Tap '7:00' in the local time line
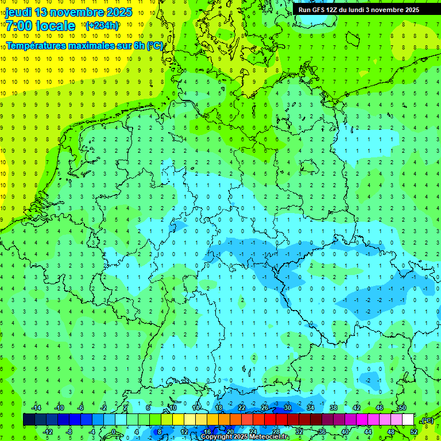18,26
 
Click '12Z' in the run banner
334,10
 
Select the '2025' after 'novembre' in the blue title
119,12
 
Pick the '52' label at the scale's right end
414,431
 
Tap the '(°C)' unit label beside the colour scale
427,421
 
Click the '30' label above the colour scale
287,408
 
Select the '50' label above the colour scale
402,408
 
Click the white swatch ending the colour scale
408,420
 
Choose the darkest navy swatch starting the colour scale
29,420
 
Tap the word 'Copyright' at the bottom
216,437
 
